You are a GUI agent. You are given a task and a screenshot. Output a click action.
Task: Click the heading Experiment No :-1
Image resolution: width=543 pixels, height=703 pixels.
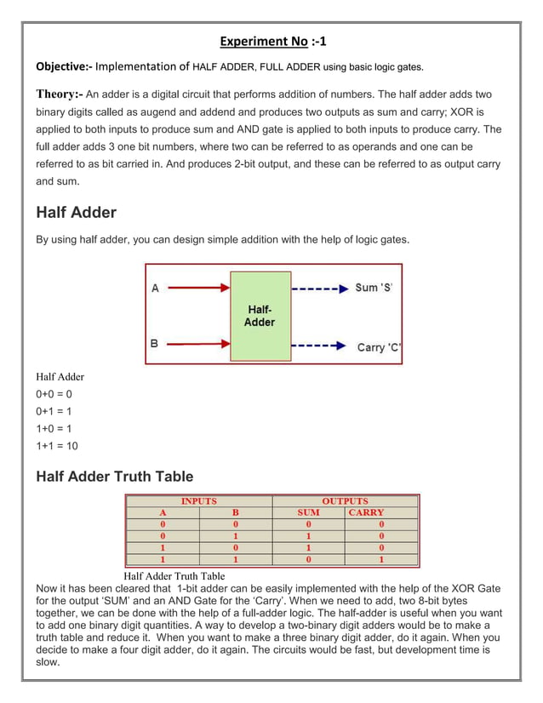coord(272,41)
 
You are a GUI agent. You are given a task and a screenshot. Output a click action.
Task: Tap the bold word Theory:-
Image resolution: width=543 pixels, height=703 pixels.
coord(59,94)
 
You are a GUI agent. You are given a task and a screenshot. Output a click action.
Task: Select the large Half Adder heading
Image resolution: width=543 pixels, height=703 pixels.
coord(76,213)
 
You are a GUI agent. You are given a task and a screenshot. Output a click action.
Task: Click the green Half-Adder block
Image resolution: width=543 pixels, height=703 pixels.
coord(260,316)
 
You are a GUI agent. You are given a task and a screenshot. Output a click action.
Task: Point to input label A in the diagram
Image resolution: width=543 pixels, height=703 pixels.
coord(155,289)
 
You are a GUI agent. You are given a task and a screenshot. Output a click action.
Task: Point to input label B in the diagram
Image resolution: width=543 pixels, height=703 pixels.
coord(154,344)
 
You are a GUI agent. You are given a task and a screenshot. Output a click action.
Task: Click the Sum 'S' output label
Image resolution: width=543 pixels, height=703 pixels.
coord(374,288)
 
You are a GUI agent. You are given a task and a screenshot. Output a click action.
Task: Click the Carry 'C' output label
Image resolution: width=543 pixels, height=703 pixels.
coord(379,346)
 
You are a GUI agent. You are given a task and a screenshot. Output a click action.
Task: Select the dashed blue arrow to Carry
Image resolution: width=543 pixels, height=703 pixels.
coord(319,346)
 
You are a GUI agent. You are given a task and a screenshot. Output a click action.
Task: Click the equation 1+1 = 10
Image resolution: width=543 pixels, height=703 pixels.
coord(57,446)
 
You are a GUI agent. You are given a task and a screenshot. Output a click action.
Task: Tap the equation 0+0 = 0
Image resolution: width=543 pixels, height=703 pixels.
coord(54,394)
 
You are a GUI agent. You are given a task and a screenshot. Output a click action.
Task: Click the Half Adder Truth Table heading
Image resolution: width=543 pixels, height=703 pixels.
coord(114,477)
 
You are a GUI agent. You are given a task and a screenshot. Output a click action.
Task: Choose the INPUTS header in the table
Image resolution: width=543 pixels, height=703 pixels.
coord(198,501)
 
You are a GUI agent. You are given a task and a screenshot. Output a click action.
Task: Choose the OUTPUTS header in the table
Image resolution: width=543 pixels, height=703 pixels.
coord(345,501)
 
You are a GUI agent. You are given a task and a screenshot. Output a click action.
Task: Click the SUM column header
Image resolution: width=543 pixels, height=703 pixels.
coord(308,512)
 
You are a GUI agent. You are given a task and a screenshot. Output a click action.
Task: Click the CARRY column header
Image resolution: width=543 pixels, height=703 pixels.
coord(366,512)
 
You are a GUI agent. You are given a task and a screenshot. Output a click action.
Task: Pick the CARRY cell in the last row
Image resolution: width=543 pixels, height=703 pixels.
coord(380,560)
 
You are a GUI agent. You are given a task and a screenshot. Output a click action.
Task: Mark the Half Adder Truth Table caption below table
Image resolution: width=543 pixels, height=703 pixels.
coord(174,576)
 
